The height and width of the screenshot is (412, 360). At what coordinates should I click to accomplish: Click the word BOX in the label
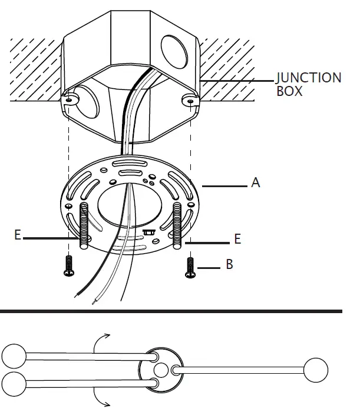click(x=289, y=92)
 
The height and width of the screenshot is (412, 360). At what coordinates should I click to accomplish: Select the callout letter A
click(x=255, y=183)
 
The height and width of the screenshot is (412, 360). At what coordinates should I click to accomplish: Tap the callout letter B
click(x=229, y=265)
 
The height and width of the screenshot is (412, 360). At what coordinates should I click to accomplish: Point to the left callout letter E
click(x=18, y=235)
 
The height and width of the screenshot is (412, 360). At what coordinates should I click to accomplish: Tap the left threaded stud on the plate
click(x=84, y=226)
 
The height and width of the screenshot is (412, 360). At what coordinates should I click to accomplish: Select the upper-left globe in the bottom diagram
click(x=14, y=355)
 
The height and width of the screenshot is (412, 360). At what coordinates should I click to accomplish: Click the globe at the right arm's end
click(x=315, y=369)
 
